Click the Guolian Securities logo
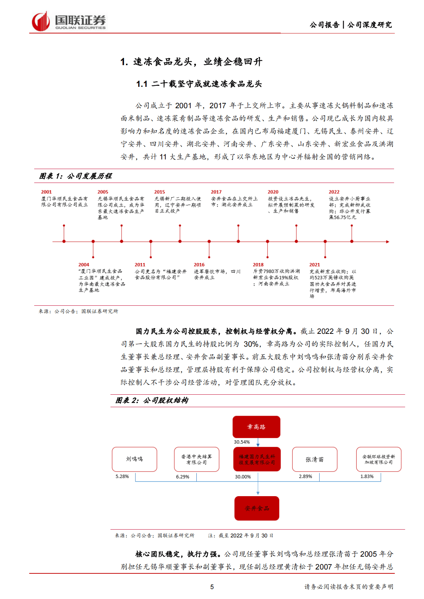point(69,22)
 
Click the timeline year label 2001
point(46,192)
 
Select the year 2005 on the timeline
point(103,192)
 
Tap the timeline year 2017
point(216,192)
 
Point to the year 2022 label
point(334,192)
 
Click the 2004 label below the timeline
point(84,265)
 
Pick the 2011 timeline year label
point(140,265)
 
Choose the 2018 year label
point(258,265)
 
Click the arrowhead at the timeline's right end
point(388,242)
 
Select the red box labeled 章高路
point(256,427)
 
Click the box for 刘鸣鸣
point(134,459)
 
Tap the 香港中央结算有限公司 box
point(196,459)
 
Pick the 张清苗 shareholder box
point(315,459)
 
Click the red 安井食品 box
point(257,508)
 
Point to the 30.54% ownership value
point(242,442)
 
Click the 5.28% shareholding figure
point(122,477)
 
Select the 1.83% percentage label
point(367,477)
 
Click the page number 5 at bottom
point(212,587)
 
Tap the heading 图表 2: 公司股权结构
point(152,400)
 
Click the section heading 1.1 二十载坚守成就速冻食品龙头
point(199,84)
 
